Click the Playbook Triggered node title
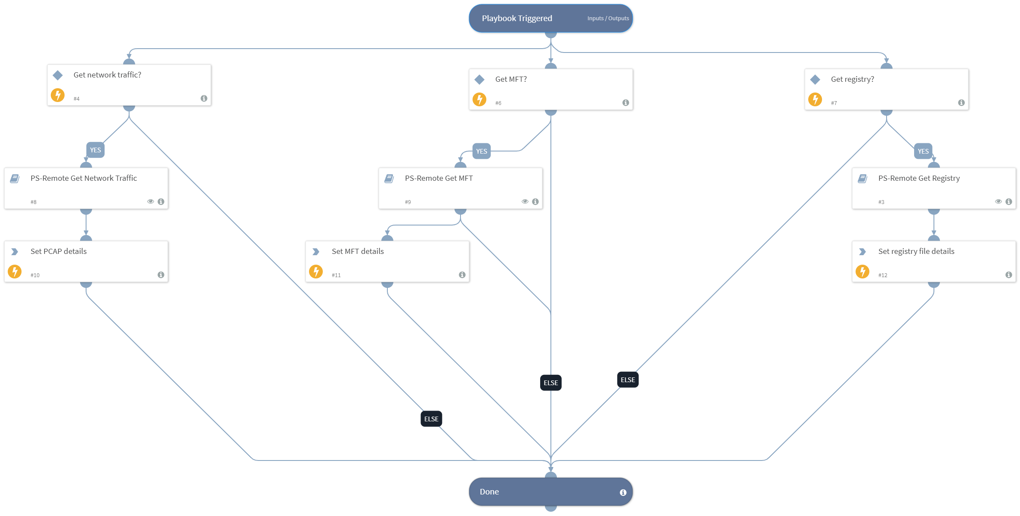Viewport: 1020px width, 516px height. tap(516, 19)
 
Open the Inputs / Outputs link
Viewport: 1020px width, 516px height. tap(608, 19)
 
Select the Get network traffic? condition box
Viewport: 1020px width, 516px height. tap(129, 85)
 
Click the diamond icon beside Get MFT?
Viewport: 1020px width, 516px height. tap(479, 80)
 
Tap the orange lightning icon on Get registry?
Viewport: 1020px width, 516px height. tap(815, 99)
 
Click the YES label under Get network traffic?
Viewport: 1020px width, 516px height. tap(96, 150)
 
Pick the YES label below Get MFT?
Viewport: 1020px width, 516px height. tap(481, 151)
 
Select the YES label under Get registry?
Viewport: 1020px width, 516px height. tap(923, 151)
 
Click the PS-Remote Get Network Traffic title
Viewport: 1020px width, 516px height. tap(83, 178)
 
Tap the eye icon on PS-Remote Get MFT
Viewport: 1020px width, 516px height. tap(525, 201)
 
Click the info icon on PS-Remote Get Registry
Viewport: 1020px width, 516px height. tap(1008, 201)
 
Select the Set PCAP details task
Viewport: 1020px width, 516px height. tap(86, 262)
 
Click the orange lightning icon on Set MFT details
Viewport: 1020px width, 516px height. tap(316, 272)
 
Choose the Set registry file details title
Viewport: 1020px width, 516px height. tap(916, 251)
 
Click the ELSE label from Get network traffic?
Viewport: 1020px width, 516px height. tap(431, 419)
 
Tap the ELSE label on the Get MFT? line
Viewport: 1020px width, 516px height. tap(550, 383)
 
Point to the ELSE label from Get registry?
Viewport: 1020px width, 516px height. tap(627, 380)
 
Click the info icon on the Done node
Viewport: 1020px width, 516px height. tap(623, 492)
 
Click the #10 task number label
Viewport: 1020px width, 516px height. tap(35, 275)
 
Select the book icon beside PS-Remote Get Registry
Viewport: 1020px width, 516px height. tap(862, 179)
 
